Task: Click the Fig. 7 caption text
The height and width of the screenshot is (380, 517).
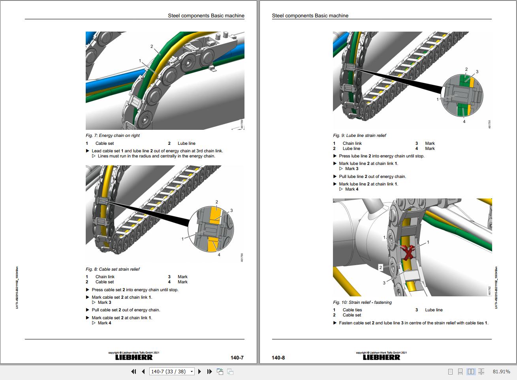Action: pos(113,135)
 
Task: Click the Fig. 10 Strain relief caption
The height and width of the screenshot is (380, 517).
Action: pos(362,302)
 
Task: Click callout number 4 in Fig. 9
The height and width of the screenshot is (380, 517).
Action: pos(464,122)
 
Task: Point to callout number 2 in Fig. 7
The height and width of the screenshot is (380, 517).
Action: pos(152,47)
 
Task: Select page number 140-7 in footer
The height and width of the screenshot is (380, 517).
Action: pos(237,358)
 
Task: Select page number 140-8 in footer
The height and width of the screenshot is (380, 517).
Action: pos(278,358)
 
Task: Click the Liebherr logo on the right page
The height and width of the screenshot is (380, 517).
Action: pos(381,357)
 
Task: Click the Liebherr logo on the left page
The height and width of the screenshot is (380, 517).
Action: pos(133,357)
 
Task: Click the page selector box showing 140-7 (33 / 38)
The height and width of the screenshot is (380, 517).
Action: pos(172,371)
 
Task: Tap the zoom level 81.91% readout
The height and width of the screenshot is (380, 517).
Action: pos(501,371)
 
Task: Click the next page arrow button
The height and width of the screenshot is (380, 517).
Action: pos(199,371)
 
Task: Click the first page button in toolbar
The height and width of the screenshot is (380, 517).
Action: pos(133,371)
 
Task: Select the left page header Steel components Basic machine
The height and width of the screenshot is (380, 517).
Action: pos(206,16)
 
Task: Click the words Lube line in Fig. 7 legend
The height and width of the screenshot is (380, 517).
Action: pos(186,143)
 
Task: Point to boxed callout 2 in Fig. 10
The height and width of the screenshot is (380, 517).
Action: pos(381,267)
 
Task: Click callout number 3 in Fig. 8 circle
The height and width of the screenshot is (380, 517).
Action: pos(231,210)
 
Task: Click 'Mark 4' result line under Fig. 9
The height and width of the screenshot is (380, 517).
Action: pos(352,189)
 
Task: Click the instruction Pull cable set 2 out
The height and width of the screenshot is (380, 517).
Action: pos(126,310)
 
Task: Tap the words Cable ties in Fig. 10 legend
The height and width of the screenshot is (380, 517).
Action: pos(352,310)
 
